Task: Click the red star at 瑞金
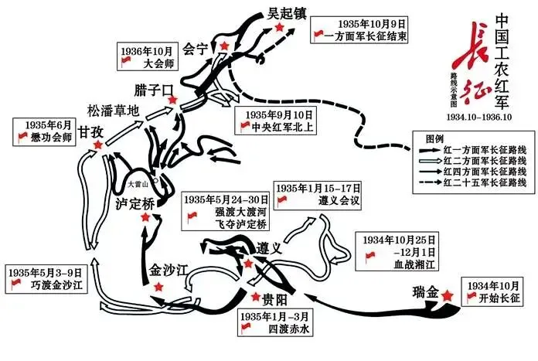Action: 447,295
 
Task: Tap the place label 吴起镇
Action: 287,14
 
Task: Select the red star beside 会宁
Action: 224,46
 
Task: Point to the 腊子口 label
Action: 154,90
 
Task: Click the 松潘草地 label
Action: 113,111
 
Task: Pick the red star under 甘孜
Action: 98,145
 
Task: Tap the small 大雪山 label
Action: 138,184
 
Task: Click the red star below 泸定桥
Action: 145,217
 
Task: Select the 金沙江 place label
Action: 169,271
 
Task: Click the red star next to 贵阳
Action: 256,297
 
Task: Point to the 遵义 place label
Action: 269,248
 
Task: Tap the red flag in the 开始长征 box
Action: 472,298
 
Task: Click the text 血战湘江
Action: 414,264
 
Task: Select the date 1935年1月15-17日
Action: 318,188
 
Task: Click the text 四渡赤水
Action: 289,329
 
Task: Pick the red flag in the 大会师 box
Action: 126,62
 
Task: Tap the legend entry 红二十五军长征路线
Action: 485,182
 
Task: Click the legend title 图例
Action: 434,139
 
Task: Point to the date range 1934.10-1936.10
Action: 479,117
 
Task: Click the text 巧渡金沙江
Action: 57,284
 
